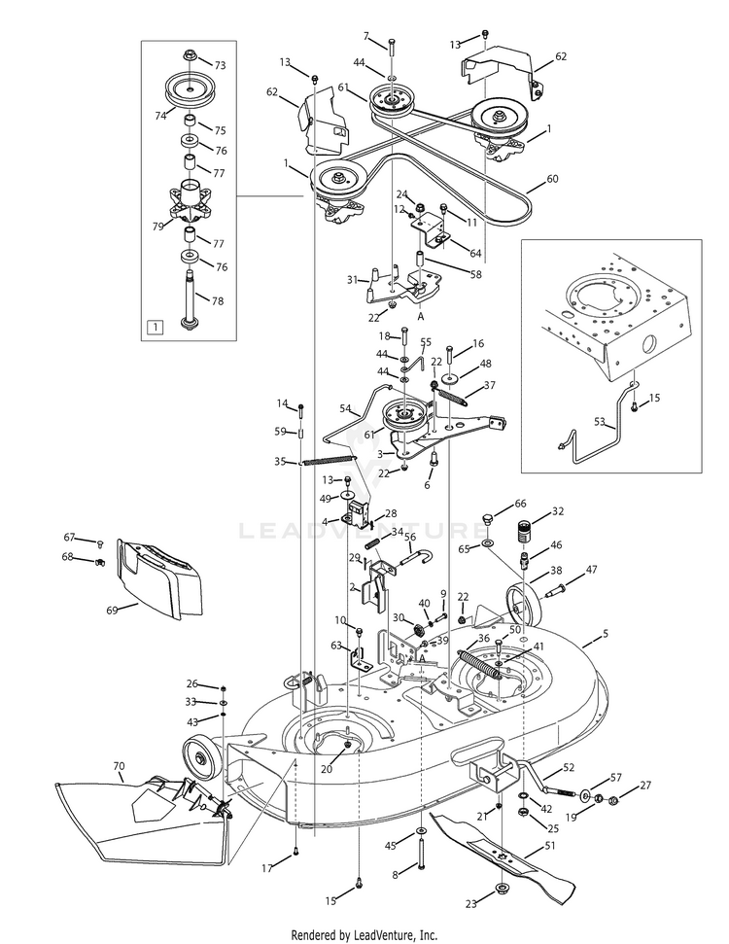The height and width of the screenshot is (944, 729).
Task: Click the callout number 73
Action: [221, 65]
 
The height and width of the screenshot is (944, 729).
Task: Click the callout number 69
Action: [112, 611]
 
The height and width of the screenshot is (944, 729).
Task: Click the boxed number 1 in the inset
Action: [155, 327]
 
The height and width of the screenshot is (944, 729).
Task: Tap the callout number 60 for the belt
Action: [552, 179]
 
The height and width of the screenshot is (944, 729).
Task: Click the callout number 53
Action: [600, 422]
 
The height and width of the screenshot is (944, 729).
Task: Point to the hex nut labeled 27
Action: [613, 801]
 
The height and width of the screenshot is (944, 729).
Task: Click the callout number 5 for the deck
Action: [606, 633]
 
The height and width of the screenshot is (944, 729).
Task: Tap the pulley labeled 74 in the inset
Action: [190, 88]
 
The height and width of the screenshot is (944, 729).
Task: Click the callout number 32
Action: [558, 511]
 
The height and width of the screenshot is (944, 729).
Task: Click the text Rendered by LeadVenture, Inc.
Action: [364, 935]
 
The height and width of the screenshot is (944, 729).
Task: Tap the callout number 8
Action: [396, 875]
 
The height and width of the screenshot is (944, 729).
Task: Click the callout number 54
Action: [345, 408]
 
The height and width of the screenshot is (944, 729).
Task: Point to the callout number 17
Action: [267, 868]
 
